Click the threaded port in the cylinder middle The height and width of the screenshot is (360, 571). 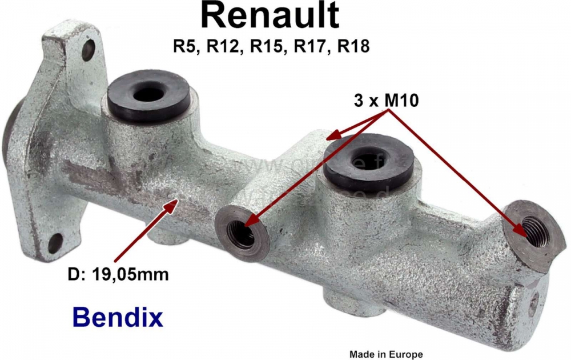(242, 233)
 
